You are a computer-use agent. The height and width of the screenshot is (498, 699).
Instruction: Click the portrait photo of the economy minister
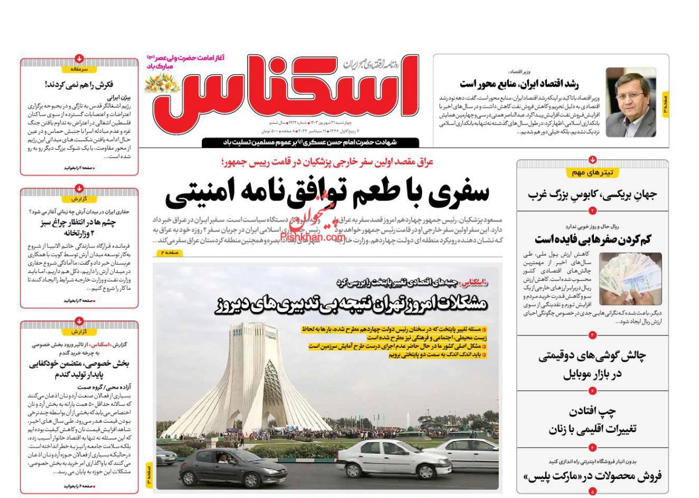point(631,102)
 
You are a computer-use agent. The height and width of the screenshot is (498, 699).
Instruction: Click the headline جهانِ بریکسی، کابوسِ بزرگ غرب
point(593,195)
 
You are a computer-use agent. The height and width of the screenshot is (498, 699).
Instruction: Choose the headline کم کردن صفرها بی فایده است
point(593,239)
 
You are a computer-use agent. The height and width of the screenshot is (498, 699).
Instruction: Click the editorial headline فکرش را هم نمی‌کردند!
point(79,85)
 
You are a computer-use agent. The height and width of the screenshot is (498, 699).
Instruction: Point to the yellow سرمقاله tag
point(79,69)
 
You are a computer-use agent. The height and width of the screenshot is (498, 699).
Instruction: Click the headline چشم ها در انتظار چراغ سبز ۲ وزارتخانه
point(79,228)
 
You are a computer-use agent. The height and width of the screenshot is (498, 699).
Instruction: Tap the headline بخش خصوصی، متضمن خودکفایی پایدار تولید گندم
point(79,369)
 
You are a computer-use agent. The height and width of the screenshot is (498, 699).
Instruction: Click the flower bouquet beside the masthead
point(162,83)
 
